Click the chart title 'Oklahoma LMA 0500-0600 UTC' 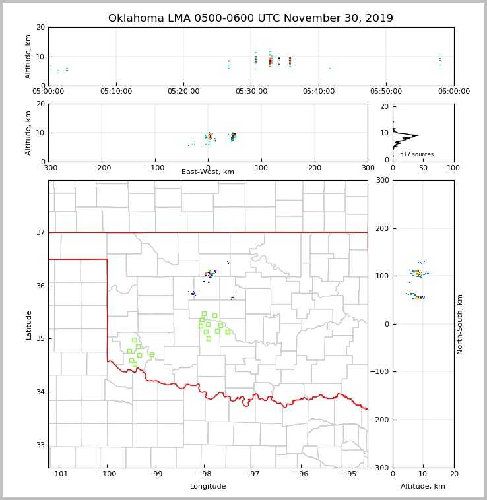(250, 18)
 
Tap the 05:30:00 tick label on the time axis (251, 92)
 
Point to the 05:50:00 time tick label (386, 92)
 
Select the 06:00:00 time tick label (453, 92)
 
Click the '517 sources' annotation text (416, 154)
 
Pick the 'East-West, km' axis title (208, 172)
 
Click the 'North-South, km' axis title (460, 324)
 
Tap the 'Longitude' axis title (208, 487)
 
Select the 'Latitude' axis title (28, 325)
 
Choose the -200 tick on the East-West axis (101, 168)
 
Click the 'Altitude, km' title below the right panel (423, 487)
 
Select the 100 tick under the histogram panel (453, 168)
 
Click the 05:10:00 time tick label (116, 92)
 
